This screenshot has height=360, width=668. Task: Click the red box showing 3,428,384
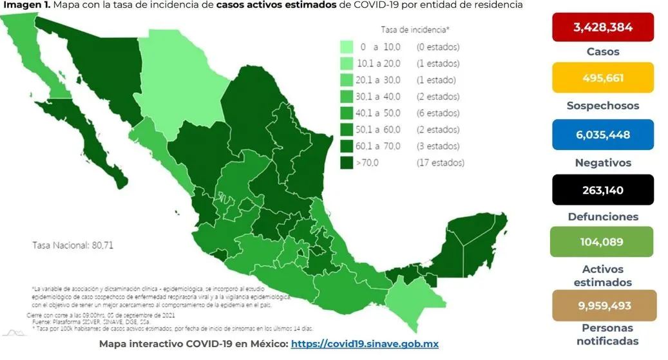point(603,27)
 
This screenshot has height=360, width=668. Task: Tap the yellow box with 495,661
point(603,78)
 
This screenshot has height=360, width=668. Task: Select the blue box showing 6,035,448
point(603,135)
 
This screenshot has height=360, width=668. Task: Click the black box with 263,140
point(603,190)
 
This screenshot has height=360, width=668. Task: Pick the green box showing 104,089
point(603,243)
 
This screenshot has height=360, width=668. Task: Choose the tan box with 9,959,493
point(603,305)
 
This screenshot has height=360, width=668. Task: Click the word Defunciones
point(603,217)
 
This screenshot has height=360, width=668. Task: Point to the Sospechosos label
point(603,106)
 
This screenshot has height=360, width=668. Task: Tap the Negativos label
point(603,163)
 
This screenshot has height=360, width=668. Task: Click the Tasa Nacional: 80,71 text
point(73,245)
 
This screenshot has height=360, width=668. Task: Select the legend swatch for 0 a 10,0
point(347,47)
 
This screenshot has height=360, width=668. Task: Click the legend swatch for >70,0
point(347,163)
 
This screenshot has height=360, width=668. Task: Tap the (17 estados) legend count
point(440,163)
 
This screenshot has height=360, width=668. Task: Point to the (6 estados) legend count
point(438,113)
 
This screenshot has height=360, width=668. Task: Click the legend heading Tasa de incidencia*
point(415,30)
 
